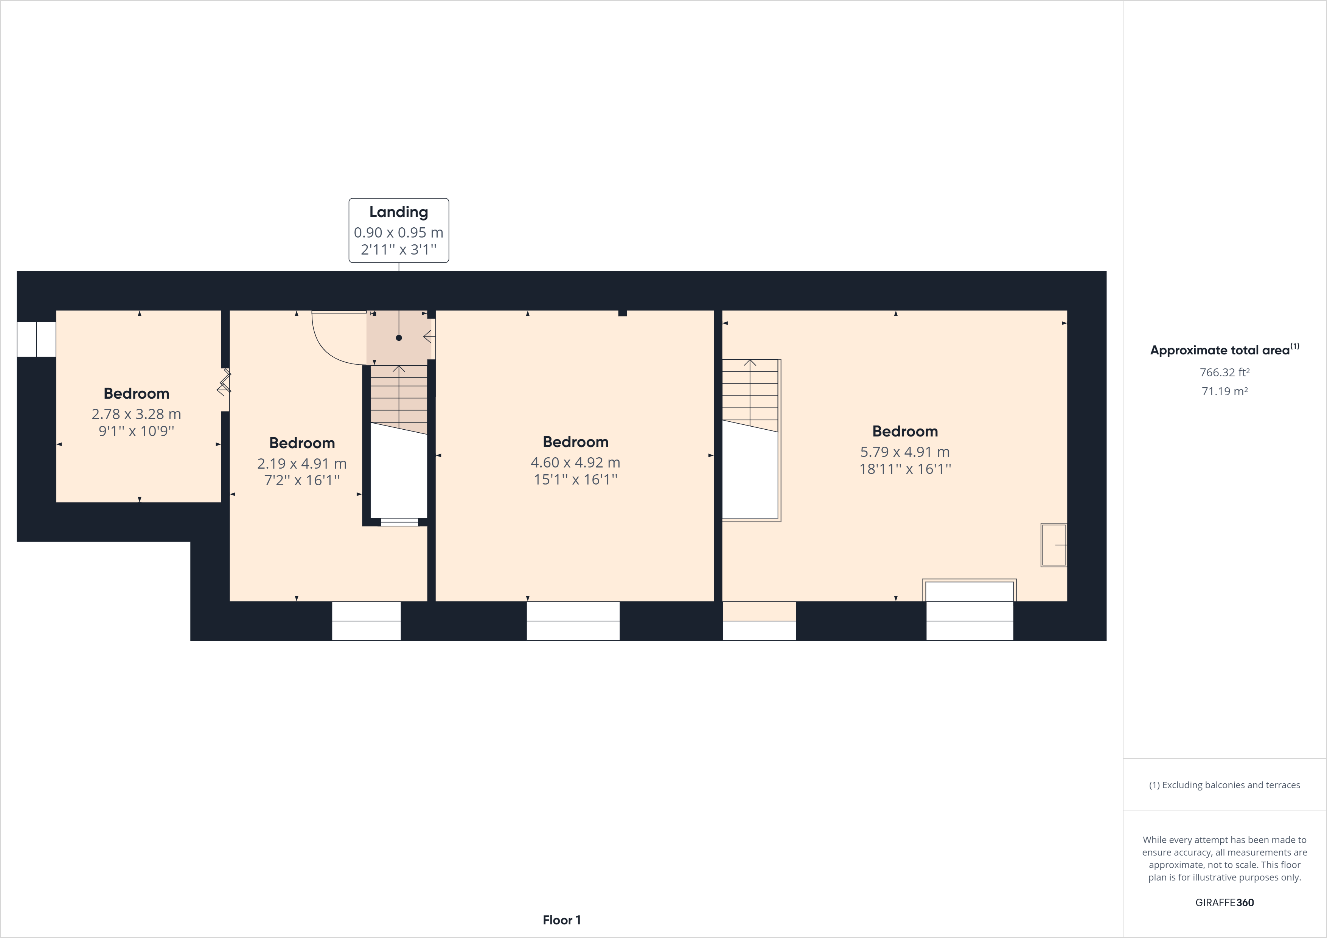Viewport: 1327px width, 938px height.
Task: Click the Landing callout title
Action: (399, 212)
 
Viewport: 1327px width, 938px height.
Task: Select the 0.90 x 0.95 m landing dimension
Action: (399, 232)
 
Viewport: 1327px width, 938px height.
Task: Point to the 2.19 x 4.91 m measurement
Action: (302, 463)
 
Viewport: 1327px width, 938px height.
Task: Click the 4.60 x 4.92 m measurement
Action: (576, 462)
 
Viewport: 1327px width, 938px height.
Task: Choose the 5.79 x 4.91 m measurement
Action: (905, 452)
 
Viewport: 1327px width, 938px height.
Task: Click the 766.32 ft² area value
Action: (1225, 372)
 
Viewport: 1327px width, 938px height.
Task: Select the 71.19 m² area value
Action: (1225, 391)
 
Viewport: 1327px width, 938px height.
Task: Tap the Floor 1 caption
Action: (562, 920)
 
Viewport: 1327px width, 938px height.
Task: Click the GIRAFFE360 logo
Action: (1225, 902)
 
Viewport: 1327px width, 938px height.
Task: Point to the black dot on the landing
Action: (399, 337)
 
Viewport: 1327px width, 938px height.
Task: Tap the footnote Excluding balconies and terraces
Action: (1225, 785)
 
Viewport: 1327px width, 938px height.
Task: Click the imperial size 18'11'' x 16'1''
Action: (905, 469)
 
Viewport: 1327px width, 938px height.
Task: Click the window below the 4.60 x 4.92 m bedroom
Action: (573, 621)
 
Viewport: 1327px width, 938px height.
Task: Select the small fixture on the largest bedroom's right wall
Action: (1054, 545)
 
